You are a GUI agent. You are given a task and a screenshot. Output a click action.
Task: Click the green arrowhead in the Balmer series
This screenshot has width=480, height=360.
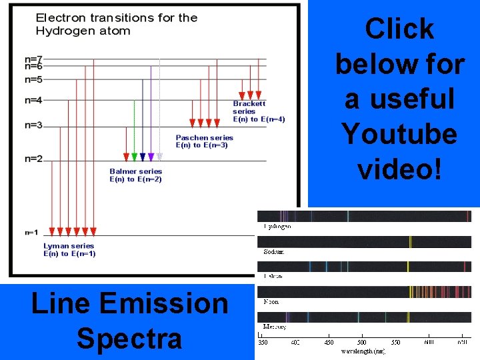(134, 157)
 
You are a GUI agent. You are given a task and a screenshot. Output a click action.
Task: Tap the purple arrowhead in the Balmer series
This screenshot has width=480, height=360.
(151, 157)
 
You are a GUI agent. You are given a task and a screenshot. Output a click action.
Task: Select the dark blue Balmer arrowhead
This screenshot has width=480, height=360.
(143, 157)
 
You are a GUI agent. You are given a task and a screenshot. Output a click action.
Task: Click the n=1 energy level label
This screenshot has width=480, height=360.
(32, 232)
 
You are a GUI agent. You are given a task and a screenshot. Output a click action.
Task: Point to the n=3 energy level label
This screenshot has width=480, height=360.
(33, 125)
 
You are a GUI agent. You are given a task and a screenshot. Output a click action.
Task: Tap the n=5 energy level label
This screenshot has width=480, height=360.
(33, 79)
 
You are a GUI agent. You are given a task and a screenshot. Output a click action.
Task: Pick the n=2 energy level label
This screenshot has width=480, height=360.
(33, 159)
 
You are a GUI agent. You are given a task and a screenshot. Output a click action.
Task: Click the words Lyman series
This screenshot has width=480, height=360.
(69, 246)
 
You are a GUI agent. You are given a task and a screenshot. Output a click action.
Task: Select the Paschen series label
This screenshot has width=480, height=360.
(204, 138)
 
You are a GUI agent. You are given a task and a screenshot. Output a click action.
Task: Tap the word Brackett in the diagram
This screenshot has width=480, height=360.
(249, 103)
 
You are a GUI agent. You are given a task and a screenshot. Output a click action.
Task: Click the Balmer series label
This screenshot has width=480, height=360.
(136, 171)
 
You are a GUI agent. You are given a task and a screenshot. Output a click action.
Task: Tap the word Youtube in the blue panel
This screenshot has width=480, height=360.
(399, 134)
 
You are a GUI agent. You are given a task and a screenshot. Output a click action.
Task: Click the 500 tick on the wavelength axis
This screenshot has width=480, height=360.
(361, 343)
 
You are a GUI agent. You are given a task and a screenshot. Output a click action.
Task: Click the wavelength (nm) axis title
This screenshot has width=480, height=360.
(363, 351)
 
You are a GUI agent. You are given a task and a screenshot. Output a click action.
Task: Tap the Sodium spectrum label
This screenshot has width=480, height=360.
(273, 252)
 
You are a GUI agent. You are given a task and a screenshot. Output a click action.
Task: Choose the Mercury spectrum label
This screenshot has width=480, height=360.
(275, 327)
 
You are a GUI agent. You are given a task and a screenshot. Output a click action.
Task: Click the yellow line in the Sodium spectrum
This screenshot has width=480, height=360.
(410, 241)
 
